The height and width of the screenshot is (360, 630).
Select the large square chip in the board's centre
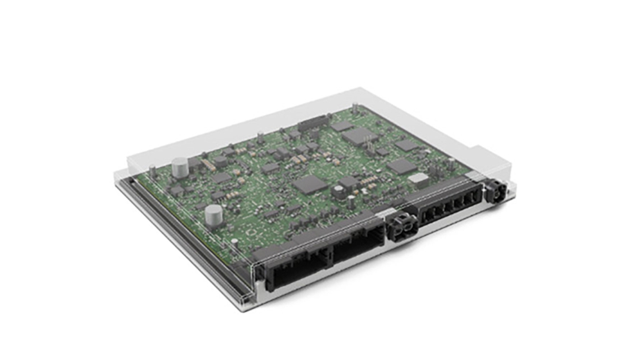310,185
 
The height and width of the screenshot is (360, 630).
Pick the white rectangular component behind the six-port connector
419,179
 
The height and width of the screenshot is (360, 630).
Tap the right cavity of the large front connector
356,248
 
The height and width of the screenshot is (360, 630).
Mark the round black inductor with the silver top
337,190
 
